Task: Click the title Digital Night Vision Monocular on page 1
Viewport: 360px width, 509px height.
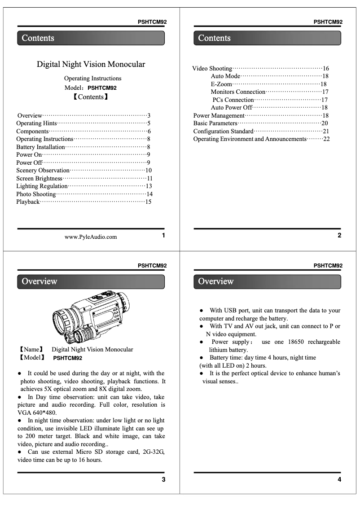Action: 91,64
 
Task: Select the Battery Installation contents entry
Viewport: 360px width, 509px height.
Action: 40,147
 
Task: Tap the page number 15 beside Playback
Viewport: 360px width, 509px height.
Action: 148,202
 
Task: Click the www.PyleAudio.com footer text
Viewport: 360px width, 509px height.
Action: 91,237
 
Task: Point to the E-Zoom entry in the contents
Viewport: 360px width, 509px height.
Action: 221,84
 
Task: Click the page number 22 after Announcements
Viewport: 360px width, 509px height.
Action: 326,139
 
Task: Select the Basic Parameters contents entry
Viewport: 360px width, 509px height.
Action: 215,123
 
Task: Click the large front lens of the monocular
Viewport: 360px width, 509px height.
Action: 64,321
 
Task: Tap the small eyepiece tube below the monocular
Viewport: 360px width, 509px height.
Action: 84,335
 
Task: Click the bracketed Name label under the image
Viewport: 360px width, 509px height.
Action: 31,349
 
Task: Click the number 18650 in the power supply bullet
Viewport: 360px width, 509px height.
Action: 295,342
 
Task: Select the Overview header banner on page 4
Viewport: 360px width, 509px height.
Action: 267,281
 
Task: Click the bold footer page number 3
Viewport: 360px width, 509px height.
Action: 163,480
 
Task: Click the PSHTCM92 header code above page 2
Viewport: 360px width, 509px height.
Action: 328,22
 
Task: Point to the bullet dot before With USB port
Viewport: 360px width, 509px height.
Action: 202,311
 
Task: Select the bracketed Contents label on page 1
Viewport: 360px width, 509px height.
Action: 91,97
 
